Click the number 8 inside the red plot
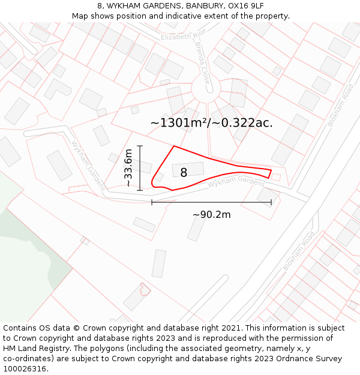coord(184,173)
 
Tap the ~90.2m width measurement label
coord(211,214)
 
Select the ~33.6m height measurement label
coord(128,169)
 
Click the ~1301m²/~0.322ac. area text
coord(211,123)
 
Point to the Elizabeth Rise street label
coord(183,36)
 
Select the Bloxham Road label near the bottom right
coord(299,250)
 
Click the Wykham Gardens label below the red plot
coord(236,181)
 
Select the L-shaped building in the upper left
coord(56,88)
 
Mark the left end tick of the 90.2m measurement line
coord(152,202)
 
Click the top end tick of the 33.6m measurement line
coord(140,146)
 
